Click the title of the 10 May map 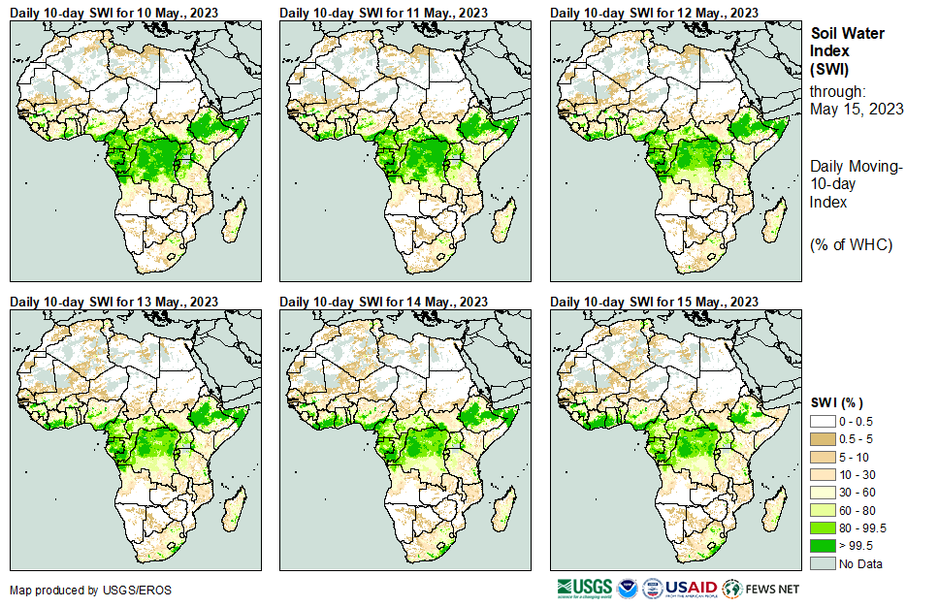pyautogui.click(x=113, y=12)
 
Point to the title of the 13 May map pyautogui.click(x=113, y=302)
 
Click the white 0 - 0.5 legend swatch pyautogui.click(x=823, y=422)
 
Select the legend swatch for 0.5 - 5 pyautogui.click(x=823, y=440)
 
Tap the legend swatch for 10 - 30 pyautogui.click(x=823, y=475)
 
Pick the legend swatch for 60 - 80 pyautogui.click(x=823, y=510)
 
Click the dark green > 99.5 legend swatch pyautogui.click(x=823, y=546)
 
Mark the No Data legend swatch pyautogui.click(x=823, y=563)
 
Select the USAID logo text pyautogui.click(x=691, y=589)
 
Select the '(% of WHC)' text pyautogui.click(x=850, y=243)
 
